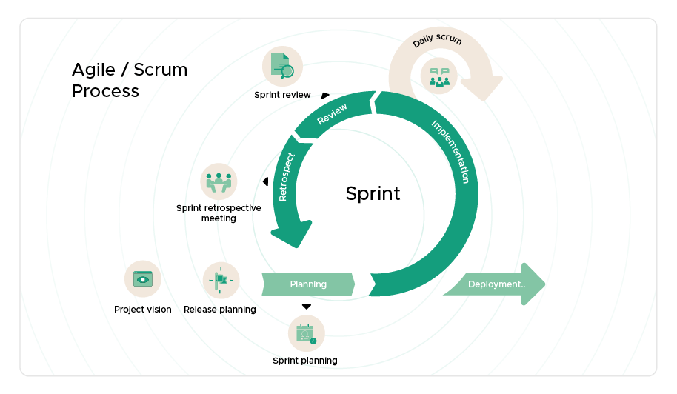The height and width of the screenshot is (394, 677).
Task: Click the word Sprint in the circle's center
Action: click(373, 194)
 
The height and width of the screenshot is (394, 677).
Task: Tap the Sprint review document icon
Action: click(282, 66)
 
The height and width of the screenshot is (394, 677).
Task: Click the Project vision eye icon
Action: click(142, 279)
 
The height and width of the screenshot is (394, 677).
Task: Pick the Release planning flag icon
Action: click(221, 280)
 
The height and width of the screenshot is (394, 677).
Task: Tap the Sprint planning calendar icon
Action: click(306, 333)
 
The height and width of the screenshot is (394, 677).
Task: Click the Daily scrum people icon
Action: click(439, 76)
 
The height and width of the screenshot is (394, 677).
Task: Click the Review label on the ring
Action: click(333, 114)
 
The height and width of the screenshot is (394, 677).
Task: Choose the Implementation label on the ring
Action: click(450, 151)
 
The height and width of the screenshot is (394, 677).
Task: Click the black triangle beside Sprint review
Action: click(325, 95)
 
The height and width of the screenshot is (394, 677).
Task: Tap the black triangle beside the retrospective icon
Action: click(264, 182)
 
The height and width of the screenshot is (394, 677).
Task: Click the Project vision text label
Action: click(142, 310)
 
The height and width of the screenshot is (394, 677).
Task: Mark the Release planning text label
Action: click(220, 310)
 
